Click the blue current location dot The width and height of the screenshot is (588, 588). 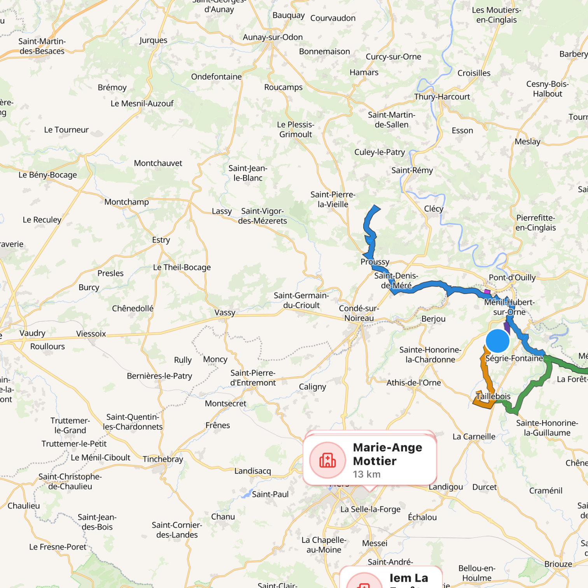[x=497, y=341]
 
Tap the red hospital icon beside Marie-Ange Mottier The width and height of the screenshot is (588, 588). [x=327, y=460]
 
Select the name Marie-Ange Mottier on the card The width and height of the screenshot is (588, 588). [x=387, y=454]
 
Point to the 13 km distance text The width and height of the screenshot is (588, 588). [x=366, y=474]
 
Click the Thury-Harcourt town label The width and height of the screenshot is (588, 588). [x=442, y=97]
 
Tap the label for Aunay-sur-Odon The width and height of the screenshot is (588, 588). [x=273, y=37]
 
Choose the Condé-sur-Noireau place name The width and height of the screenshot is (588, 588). [x=359, y=313]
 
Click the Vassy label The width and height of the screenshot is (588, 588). [x=225, y=313]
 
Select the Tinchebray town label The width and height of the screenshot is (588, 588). [x=163, y=459]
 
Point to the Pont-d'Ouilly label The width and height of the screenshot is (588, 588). [x=512, y=278]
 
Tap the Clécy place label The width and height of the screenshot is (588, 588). [x=434, y=209]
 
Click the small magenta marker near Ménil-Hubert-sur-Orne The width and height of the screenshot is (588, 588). [x=486, y=292]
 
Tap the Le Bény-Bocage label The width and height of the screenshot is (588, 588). [x=48, y=175]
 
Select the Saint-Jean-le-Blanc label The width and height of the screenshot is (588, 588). [x=248, y=173]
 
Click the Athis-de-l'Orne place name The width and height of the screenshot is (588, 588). [x=413, y=383]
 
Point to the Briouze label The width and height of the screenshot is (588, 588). [x=558, y=564]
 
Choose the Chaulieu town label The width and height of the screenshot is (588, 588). [x=24, y=506]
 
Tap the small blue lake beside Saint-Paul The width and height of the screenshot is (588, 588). [x=246, y=494]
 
